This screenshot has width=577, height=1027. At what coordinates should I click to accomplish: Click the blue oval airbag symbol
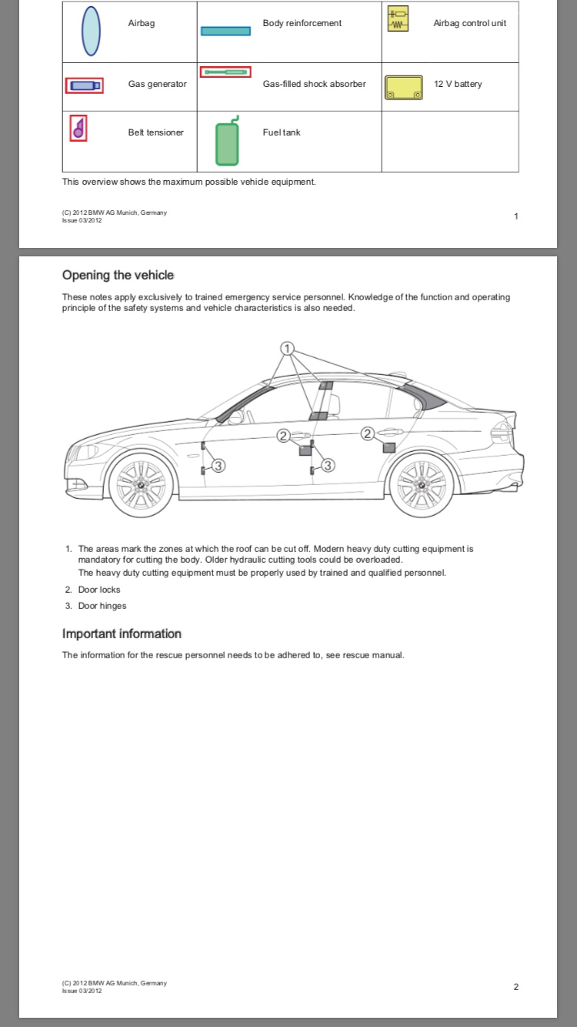(91, 31)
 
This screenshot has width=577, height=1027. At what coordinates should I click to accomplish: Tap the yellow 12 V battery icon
(403, 87)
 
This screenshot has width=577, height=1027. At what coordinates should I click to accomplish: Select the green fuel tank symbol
(227, 143)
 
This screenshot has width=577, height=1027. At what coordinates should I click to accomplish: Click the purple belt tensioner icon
(78, 129)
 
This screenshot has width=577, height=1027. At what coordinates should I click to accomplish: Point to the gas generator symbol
(84, 85)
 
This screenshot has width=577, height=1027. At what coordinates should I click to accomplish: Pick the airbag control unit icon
(398, 21)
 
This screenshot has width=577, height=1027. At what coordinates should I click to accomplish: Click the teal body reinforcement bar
(225, 31)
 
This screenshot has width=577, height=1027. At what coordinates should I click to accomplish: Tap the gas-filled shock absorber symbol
(225, 72)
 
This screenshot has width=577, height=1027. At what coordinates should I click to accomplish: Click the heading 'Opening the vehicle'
(118, 276)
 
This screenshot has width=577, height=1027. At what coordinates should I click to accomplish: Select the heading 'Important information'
(122, 634)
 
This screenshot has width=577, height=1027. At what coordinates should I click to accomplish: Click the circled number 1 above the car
(288, 349)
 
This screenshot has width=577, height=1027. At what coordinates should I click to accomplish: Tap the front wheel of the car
(142, 485)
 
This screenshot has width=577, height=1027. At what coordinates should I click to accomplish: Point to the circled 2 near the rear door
(368, 434)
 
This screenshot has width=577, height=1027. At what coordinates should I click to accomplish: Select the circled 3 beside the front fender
(218, 465)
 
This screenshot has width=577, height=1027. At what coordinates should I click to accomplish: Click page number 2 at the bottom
(516, 987)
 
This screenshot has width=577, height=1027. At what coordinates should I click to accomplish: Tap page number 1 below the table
(516, 216)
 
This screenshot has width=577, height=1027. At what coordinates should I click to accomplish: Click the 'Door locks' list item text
(99, 590)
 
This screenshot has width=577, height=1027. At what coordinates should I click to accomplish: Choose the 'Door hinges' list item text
(102, 606)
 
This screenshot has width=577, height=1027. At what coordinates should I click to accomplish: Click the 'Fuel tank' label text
(282, 132)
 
